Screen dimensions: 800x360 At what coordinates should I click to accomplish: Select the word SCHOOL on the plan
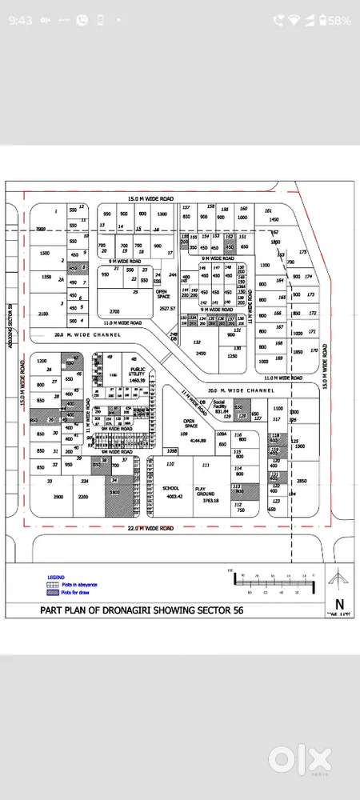(x=170, y=487)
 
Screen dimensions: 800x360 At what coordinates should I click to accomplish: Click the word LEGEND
(x=55, y=577)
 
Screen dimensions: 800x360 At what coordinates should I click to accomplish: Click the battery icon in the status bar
(x=326, y=19)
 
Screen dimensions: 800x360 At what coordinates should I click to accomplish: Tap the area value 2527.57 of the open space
(x=166, y=308)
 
